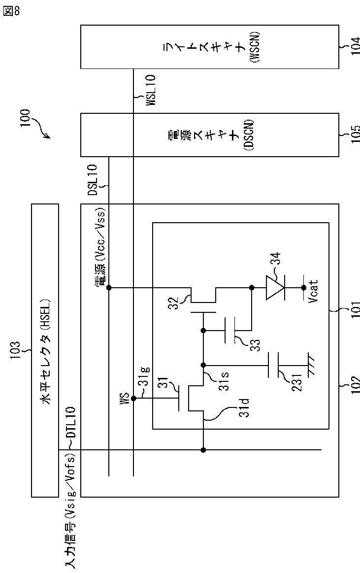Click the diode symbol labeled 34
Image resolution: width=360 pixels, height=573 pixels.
pos(275,288)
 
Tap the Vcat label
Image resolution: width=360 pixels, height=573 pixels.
pos(313,291)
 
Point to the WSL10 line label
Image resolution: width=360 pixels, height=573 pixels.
pos(150,90)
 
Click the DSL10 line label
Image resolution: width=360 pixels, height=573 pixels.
pos(93,180)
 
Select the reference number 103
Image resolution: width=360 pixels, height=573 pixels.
pos(16,351)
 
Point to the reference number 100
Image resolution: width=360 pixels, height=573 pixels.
pos(25,118)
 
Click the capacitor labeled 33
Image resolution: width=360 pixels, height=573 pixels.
pos(229,331)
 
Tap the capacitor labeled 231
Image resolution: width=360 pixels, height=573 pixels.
pos(273,365)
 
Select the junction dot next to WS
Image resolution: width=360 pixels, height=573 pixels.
pos(133,398)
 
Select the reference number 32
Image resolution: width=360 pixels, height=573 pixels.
pos(174,303)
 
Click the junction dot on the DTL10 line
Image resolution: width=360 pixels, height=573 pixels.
pos(203,450)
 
